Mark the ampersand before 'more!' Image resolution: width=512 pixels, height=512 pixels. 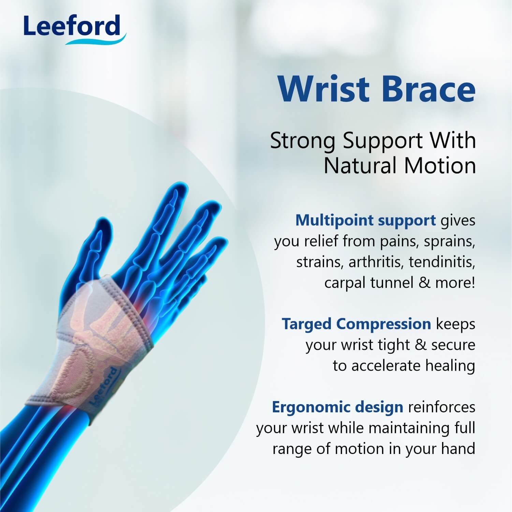point(424,283)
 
